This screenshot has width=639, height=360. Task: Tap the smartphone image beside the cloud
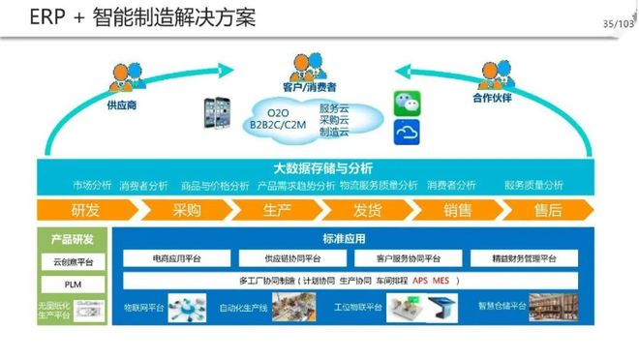216,114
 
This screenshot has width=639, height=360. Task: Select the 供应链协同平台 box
291,258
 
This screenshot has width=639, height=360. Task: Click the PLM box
72,285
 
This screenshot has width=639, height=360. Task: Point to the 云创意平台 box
72,262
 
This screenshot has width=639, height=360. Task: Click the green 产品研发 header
72,239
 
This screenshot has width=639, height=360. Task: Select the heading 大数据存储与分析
322,167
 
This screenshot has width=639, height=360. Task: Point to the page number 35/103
615,23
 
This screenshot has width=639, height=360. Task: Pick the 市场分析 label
92,185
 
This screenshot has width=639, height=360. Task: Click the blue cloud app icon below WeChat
407,132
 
